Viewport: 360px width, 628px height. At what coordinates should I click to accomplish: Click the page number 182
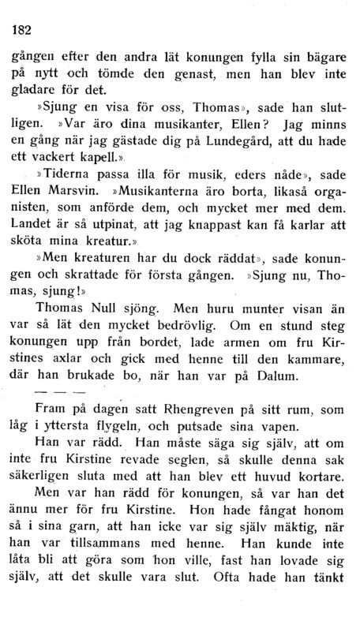point(18,31)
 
